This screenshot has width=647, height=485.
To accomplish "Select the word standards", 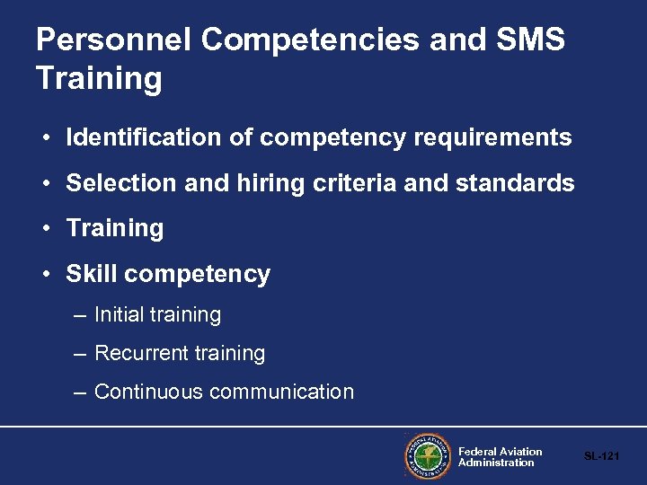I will (x=515, y=183).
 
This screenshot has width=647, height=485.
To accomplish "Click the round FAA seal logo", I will (x=426, y=457).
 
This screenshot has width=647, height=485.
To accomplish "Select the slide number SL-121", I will (x=601, y=457).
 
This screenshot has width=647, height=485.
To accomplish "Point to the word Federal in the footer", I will (x=477, y=452).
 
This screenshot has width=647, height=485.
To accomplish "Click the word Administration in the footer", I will (x=496, y=463).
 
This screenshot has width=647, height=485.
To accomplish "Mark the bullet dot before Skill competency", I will (x=45, y=275).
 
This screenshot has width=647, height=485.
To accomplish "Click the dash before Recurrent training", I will (x=79, y=354).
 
